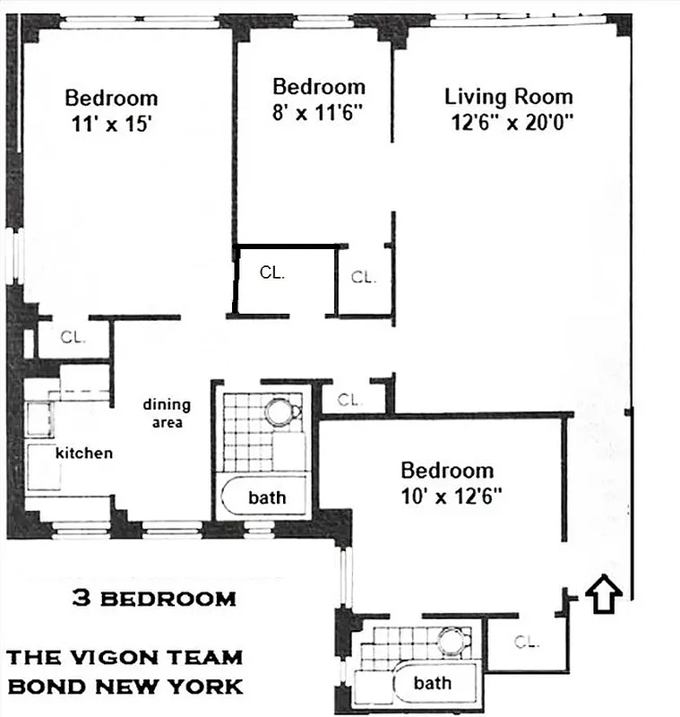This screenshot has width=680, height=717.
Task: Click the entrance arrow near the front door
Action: tap(606, 593)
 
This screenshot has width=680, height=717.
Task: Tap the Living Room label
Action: tap(508, 97)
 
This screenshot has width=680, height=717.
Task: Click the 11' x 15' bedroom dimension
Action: tap(111, 126)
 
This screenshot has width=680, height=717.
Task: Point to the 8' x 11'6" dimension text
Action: tap(319, 114)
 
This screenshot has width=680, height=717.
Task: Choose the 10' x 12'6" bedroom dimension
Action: tap(446, 494)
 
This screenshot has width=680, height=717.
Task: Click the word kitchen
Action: tap(84, 453)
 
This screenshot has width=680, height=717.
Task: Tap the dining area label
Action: tap(167, 413)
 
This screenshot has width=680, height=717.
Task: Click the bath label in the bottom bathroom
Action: tap(432, 683)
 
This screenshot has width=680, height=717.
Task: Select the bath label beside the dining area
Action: tap(267, 497)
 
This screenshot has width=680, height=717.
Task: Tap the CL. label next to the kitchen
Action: tap(73, 338)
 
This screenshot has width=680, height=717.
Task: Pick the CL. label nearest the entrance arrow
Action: tap(528, 641)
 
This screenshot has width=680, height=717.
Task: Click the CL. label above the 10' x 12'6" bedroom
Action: tap(349, 400)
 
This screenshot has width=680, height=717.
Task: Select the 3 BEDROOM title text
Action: tap(154, 599)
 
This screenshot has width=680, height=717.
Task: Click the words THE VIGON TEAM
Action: tap(125, 657)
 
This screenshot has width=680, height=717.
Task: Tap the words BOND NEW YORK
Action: tap(125, 687)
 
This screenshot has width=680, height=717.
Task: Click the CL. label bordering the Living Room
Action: tap(363, 277)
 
